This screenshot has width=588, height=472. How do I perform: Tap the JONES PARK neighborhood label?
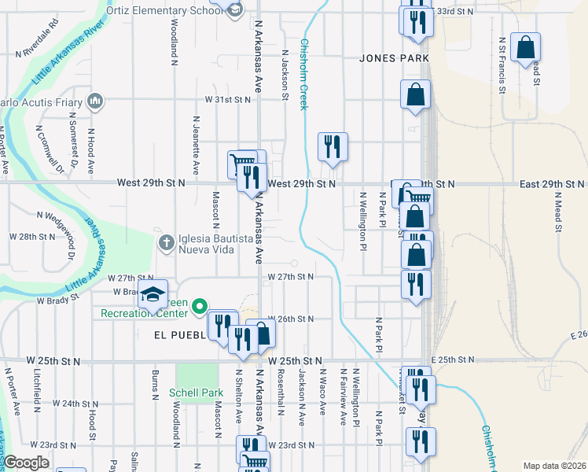[x=394, y=58]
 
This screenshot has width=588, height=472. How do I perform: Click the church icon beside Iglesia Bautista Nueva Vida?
[x=165, y=242]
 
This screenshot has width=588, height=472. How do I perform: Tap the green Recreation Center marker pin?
[x=200, y=306]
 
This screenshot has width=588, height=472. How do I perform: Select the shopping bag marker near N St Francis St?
[x=524, y=47]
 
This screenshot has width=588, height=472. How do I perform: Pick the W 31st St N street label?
[x=227, y=100]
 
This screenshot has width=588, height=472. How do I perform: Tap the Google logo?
[x=26, y=463]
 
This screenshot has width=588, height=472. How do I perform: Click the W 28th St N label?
[x=32, y=236]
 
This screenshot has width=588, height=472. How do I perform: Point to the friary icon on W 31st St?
[x=95, y=101]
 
